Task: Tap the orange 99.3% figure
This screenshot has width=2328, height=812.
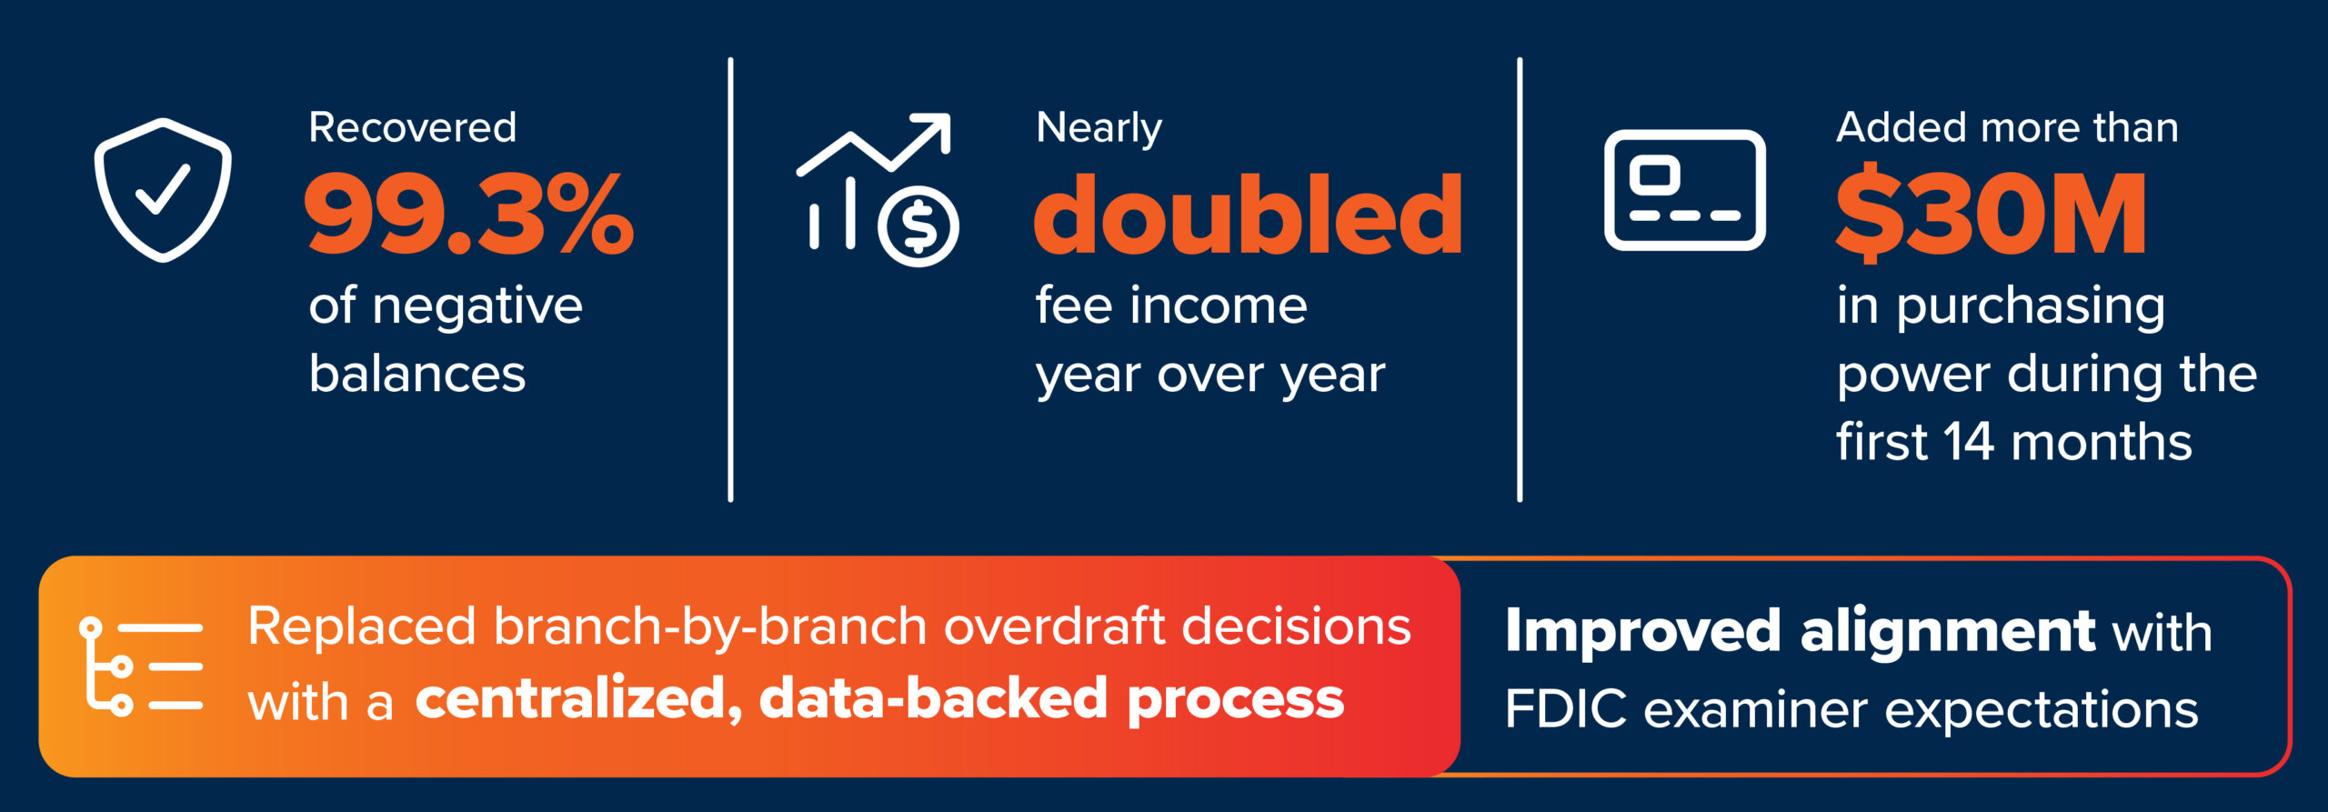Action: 469,215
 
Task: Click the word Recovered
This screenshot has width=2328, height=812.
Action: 412,127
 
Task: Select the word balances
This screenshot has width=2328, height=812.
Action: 417,374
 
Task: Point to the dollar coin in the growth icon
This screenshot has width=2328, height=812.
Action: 918,226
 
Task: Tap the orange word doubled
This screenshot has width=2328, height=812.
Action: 1249,215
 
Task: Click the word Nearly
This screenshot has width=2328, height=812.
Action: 1099,128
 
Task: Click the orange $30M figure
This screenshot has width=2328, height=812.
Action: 1992,214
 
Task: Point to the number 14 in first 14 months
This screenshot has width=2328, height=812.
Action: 1969,442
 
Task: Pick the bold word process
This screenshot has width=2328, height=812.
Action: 1236,700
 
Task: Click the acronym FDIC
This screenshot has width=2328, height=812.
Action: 1565,709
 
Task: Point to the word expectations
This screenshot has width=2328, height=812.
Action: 2042,710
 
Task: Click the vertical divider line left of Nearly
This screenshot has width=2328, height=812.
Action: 730,279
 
